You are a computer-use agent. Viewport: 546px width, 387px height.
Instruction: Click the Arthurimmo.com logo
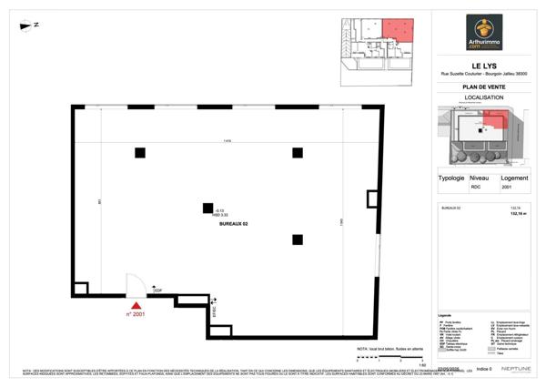(x=484, y=33)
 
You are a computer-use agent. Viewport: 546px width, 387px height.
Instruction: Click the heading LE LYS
(x=484, y=65)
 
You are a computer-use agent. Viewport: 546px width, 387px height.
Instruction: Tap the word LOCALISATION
(x=484, y=98)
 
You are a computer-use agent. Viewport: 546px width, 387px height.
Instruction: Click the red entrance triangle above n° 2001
(x=136, y=306)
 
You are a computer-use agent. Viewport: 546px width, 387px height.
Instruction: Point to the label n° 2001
(x=136, y=315)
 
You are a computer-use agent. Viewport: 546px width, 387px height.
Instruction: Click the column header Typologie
(x=452, y=178)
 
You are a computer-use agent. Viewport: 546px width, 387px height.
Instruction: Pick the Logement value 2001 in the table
(x=507, y=188)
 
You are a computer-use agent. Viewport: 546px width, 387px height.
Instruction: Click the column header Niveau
(x=480, y=178)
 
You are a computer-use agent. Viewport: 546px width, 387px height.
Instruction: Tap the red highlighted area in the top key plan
(x=396, y=29)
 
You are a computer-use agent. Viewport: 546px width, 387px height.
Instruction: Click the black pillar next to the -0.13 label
(x=207, y=209)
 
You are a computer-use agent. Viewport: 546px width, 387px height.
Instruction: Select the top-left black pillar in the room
(x=139, y=152)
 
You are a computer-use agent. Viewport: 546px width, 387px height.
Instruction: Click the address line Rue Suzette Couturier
(x=484, y=74)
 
